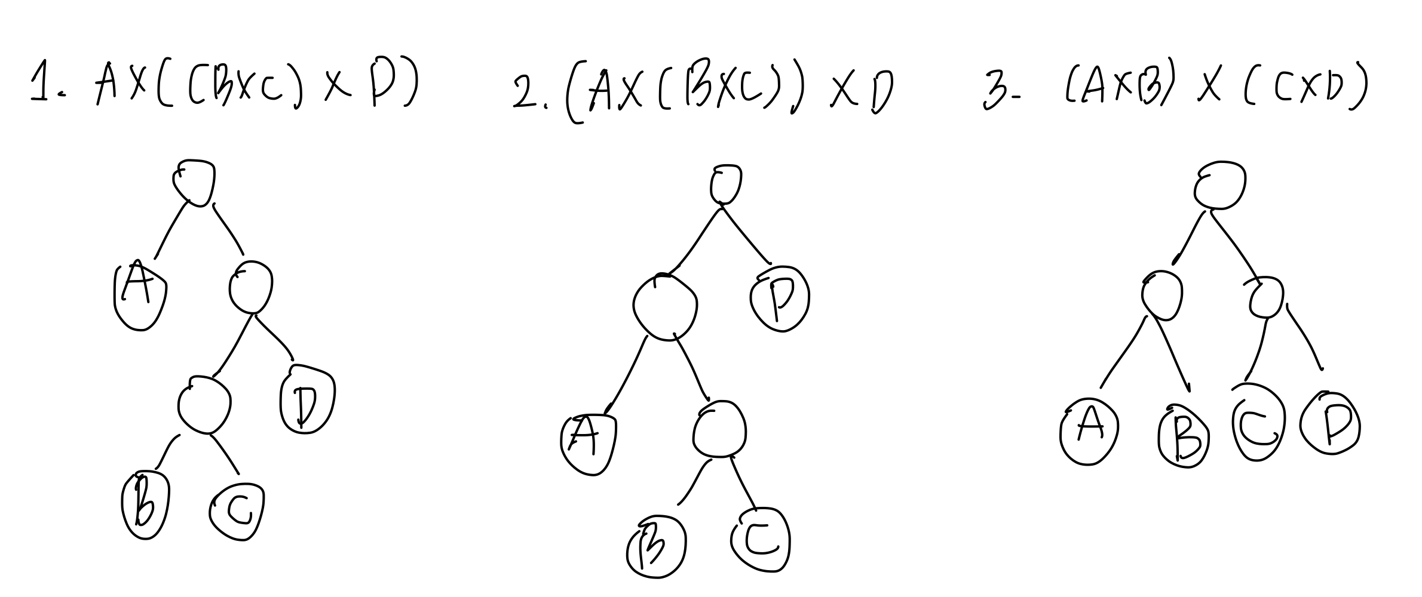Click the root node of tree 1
point(194,181)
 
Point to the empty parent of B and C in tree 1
point(204,404)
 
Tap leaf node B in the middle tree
point(655,550)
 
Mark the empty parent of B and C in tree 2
point(720,429)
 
